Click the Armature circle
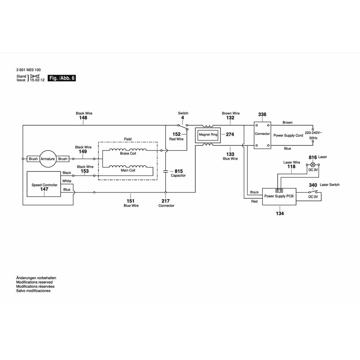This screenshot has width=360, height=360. tap(48, 159)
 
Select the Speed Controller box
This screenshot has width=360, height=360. tap(44, 184)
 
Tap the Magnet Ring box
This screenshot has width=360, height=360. tap(208, 135)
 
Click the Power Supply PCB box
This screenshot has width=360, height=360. tap(279, 197)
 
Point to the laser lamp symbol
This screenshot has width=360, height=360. tap(313, 165)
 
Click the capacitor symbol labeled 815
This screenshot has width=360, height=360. tap(166, 171)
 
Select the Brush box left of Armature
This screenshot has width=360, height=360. tap(33, 159)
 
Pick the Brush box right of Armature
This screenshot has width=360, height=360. tap(63, 159)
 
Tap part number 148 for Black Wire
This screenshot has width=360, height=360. tap(84, 118)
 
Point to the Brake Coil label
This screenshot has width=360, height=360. tap(128, 153)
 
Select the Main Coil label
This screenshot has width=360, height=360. tap(128, 170)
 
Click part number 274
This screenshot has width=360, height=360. tap(230, 135)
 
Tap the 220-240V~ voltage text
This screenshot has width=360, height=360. tap(313, 133)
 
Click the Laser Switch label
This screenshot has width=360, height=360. tap(329, 185)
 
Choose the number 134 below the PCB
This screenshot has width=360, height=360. tap(280, 213)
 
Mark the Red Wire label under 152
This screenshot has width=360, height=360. tap(176, 139)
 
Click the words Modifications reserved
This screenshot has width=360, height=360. tap(35, 282)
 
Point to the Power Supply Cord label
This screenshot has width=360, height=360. tap(288, 136)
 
